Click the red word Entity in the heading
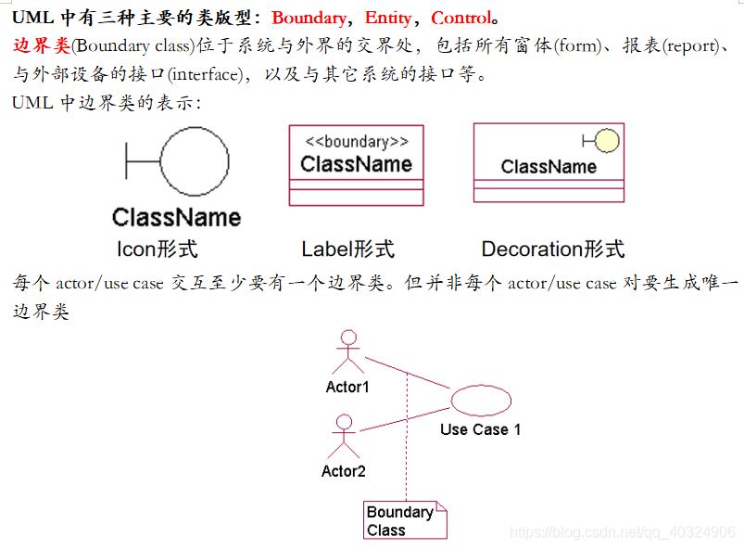(x=388, y=18)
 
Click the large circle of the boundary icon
(x=194, y=161)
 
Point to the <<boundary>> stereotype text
(x=356, y=142)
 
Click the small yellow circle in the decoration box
(x=607, y=141)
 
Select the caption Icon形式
(x=157, y=249)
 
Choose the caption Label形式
(x=347, y=249)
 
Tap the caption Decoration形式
(x=552, y=249)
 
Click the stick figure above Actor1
(x=347, y=351)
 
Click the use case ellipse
(x=480, y=400)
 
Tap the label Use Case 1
(x=480, y=429)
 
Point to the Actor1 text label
(x=347, y=387)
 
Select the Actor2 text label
(x=343, y=471)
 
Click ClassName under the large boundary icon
(x=176, y=217)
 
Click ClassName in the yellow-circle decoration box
(x=549, y=167)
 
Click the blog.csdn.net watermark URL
(x=623, y=532)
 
